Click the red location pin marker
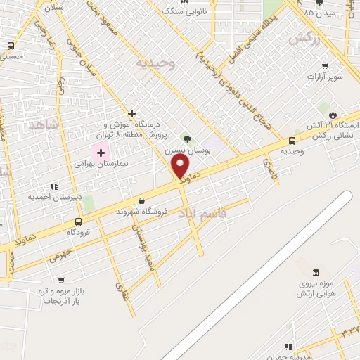point(181,167)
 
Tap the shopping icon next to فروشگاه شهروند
point(142,200)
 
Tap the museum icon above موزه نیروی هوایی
point(315,272)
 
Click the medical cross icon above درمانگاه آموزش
point(131,113)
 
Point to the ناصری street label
point(270,169)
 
